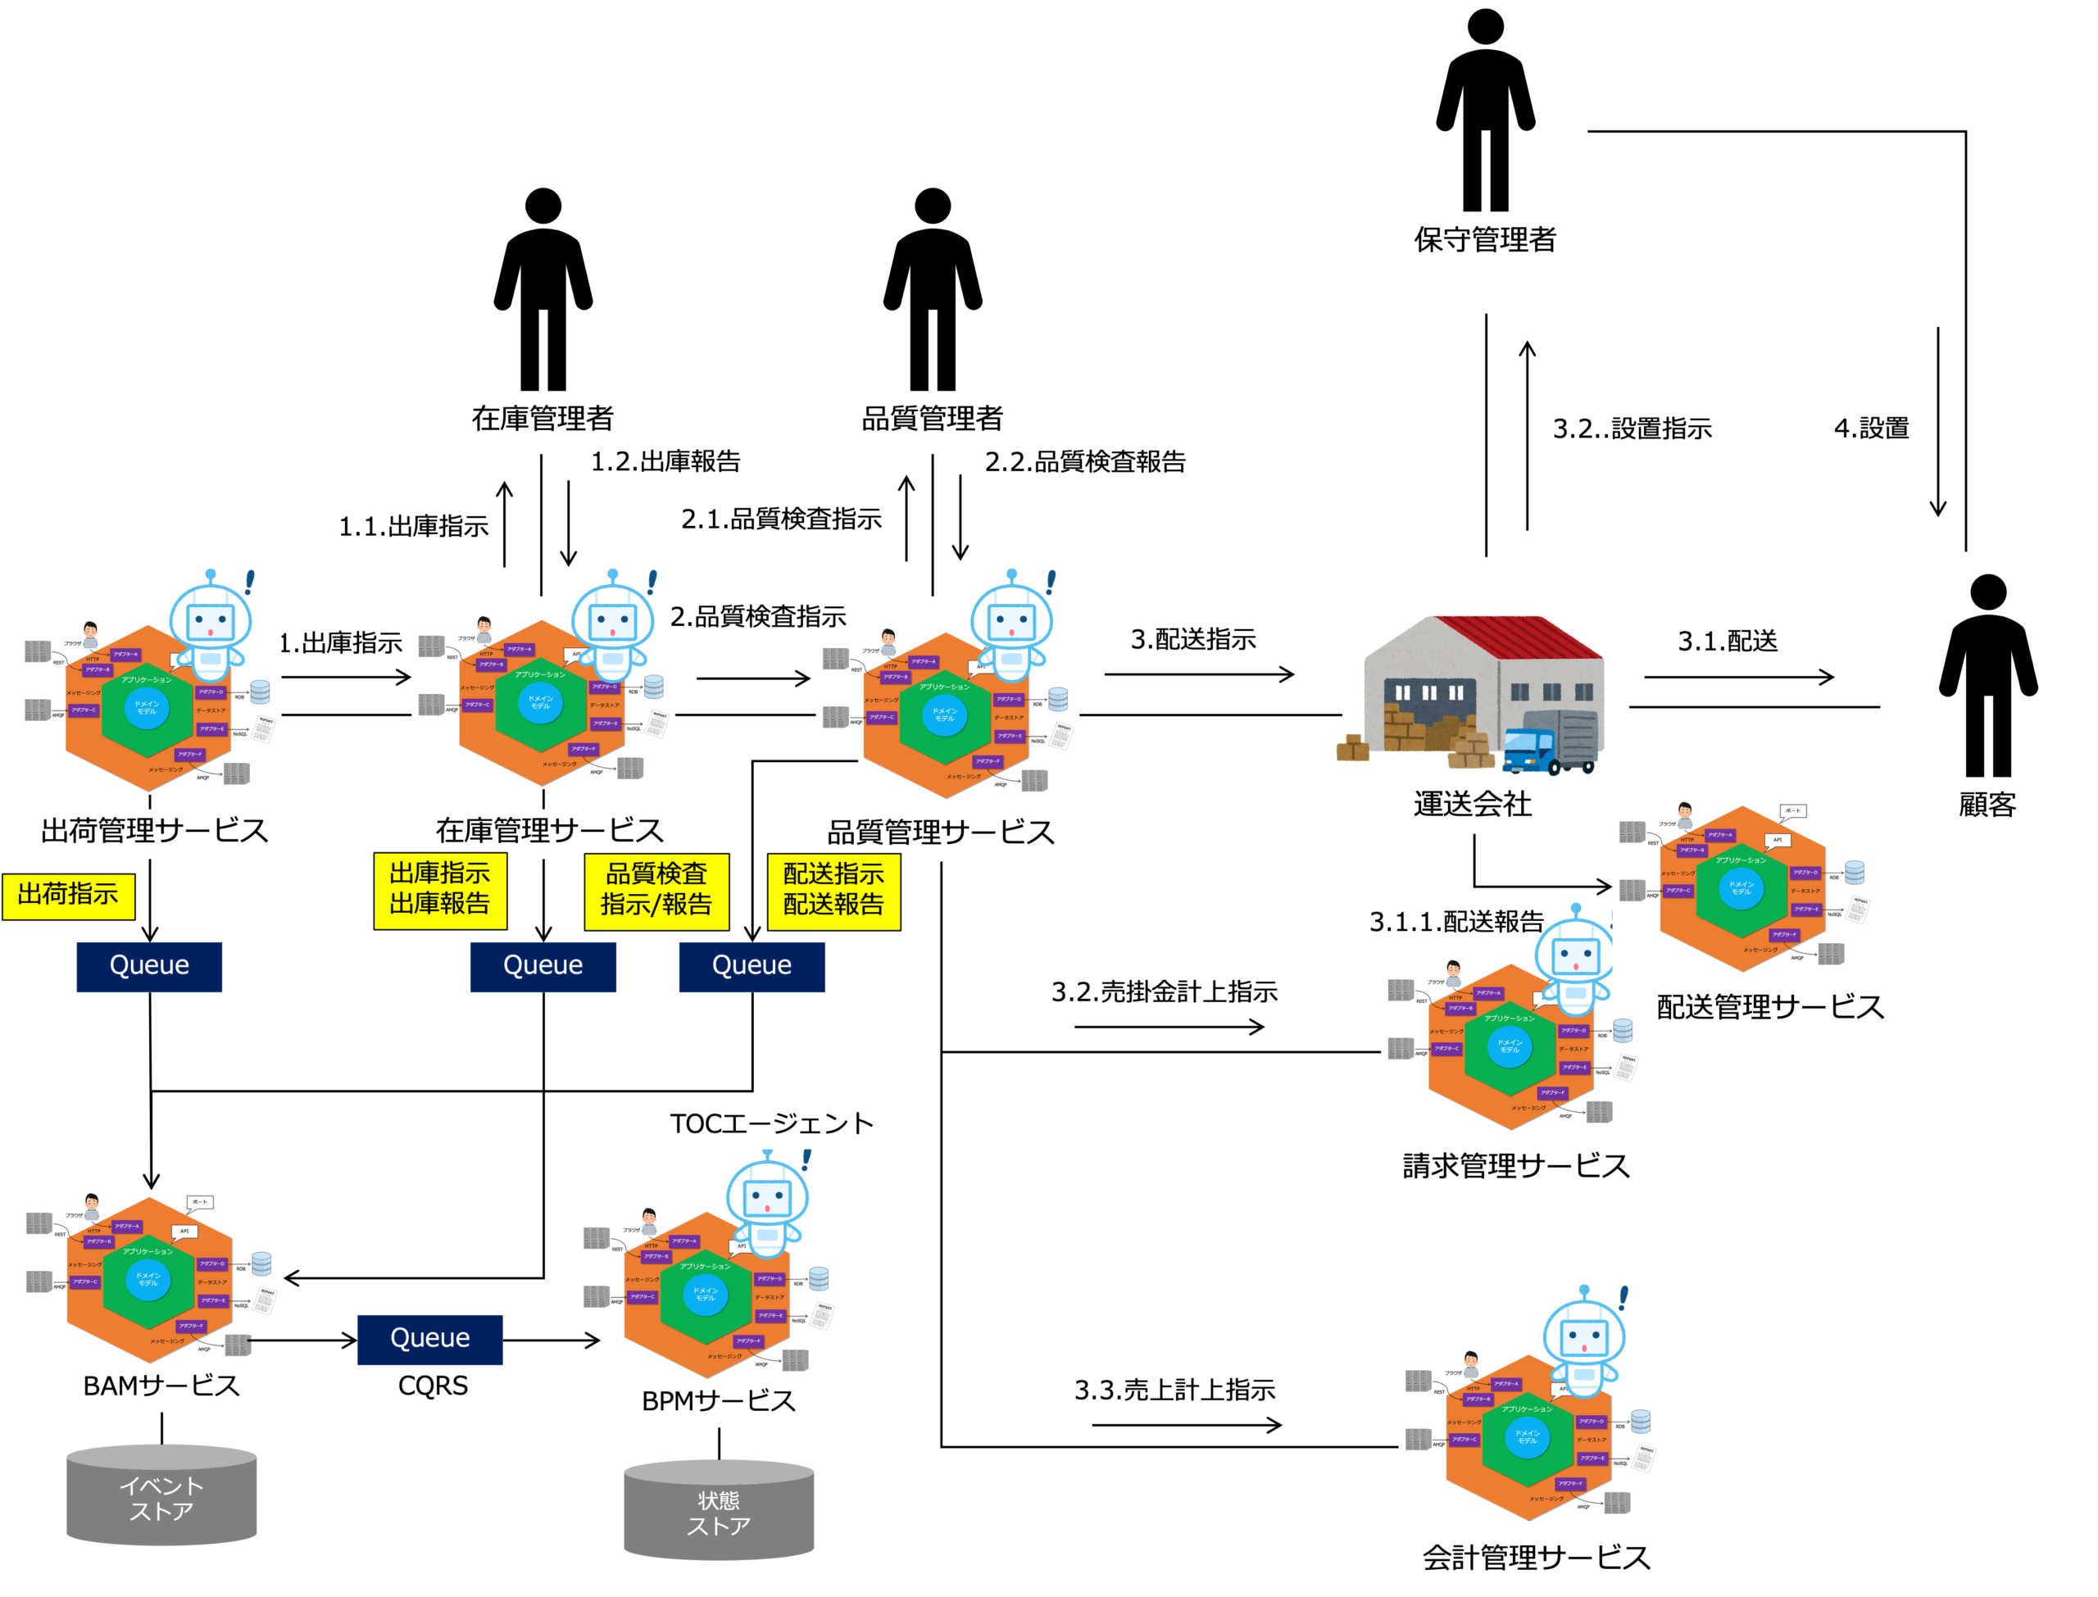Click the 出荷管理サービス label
tap(154, 832)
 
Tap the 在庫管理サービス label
tap(549, 831)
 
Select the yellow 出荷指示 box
tap(69, 896)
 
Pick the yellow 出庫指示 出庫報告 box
tap(440, 890)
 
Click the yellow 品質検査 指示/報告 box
tap(656, 891)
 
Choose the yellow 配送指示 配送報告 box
tap(833, 891)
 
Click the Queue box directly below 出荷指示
tap(149, 967)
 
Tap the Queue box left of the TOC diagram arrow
tap(429, 1340)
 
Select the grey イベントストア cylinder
tap(161, 1497)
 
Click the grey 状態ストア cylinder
tap(719, 1512)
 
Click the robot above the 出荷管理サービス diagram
tap(211, 623)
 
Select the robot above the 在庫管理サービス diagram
tap(612, 623)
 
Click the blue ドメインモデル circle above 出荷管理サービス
tap(147, 708)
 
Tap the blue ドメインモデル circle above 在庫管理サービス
tap(540, 702)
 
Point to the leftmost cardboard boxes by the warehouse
tap(1351, 748)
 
